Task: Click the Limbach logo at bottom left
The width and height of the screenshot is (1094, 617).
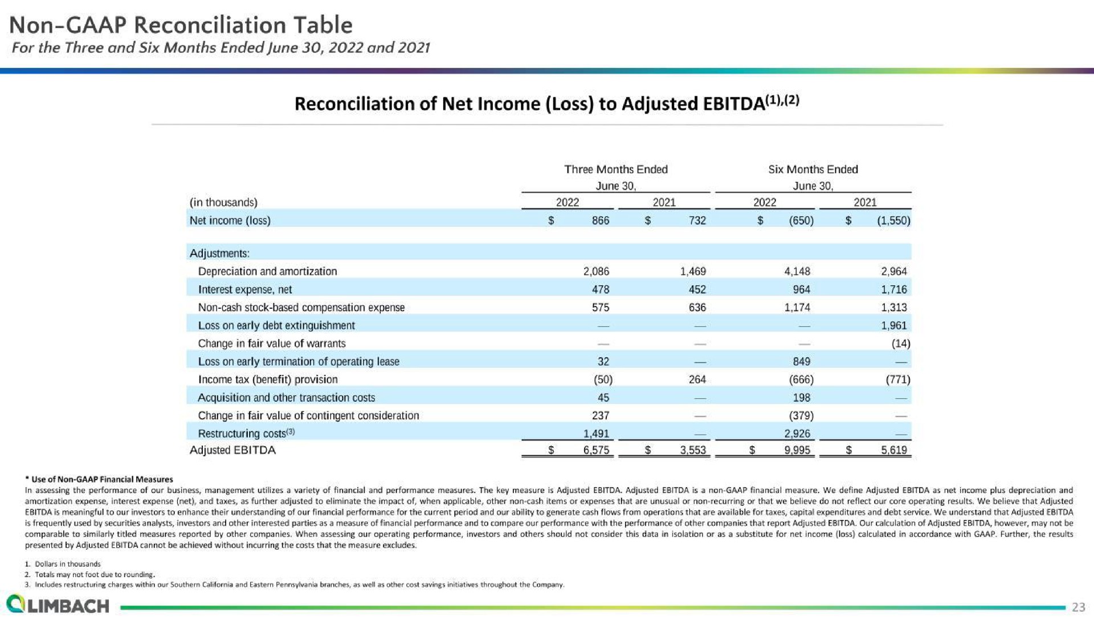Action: pos(57,604)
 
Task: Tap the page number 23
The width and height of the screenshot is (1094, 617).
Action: pos(1078,607)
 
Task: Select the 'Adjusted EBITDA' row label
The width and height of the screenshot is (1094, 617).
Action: pos(232,450)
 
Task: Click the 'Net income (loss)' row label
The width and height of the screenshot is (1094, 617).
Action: pos(230,220)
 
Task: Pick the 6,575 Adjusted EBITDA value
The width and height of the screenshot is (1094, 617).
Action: pos(596,450)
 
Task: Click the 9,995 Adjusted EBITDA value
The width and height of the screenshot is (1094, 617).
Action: pos(797,450)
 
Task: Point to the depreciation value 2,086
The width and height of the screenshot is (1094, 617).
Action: pos(596,271)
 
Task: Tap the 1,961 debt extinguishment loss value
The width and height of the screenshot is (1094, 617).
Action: pos(893,325)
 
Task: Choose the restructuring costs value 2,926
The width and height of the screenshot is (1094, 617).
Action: pos(797,434)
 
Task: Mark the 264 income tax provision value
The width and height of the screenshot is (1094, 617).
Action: pos(697,379)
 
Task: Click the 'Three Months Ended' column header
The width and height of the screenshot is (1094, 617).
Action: pos(616,169)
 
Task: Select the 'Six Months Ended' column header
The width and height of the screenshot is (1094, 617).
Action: pos(813,169)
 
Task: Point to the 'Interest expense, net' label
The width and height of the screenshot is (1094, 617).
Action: pos(245,289)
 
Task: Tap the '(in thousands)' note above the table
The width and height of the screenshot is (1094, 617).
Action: pos(223,202)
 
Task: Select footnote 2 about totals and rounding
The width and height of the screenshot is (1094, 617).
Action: pos(90,574)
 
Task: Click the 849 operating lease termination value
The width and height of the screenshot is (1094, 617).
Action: pos(801,362)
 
